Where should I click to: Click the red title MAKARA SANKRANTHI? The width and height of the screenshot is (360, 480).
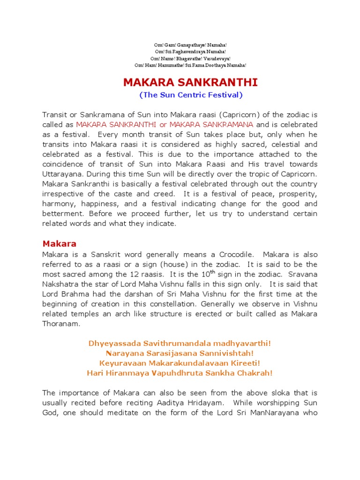point(190,83)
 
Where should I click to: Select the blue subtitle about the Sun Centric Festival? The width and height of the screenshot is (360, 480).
point(191,95)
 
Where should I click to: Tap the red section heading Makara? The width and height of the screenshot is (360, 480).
point(59,244)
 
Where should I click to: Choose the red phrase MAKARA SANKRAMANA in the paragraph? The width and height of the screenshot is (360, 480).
point(211,125)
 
